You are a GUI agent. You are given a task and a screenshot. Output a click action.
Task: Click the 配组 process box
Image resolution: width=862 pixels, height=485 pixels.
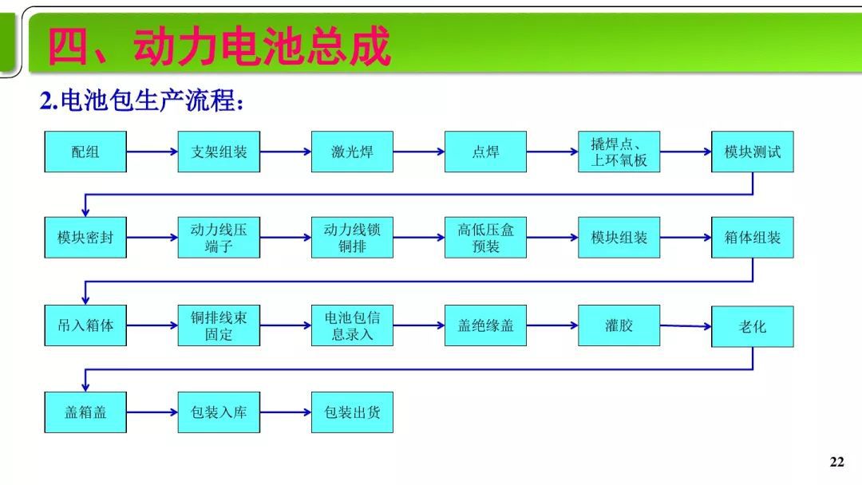coord(85,152)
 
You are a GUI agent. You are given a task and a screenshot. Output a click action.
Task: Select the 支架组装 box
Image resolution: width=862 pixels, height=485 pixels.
coord(219,152)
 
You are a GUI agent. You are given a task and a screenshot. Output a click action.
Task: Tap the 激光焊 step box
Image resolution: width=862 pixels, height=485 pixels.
coord(352,152)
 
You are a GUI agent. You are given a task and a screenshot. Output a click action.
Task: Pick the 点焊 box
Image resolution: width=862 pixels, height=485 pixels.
coord(485,152)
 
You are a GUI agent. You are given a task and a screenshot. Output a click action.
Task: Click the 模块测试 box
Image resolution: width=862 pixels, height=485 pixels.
coord(753,152)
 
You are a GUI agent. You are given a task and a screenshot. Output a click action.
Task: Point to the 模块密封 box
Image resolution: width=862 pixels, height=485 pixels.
coord(85,237)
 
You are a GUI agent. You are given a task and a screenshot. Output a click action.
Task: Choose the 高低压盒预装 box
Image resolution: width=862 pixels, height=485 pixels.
coord(485,237)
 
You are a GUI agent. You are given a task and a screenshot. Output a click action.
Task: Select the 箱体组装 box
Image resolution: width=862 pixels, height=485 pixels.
coord(753,237)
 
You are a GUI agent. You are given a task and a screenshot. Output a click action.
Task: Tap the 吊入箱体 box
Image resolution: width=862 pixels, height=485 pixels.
coord(85,325)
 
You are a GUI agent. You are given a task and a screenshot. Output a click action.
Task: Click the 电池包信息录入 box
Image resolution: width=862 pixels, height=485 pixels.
coord(352,325)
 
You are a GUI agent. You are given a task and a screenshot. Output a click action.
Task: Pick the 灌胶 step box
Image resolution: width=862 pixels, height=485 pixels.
coord(619,325)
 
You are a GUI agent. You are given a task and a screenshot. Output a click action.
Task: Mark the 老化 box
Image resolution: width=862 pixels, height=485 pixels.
coord(753,326)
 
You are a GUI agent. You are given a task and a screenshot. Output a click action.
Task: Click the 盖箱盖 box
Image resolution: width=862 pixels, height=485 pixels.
coord(85,412)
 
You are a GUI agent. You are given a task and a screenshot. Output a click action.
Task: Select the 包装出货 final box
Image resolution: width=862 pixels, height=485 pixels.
coord(352,412)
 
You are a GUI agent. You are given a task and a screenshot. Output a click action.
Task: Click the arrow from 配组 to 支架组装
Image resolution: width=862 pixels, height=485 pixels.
coord(152,152)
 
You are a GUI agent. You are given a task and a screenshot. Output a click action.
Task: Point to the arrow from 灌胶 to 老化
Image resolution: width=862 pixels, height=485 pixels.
coord(686,325)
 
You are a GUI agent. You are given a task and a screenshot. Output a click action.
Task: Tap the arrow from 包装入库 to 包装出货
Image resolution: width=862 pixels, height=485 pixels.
coord(285,412)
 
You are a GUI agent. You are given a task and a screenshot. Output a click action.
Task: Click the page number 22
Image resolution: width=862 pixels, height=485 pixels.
coord(836,463)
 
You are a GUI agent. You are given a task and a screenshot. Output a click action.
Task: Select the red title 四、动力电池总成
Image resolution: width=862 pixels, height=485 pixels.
coord(219,46)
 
